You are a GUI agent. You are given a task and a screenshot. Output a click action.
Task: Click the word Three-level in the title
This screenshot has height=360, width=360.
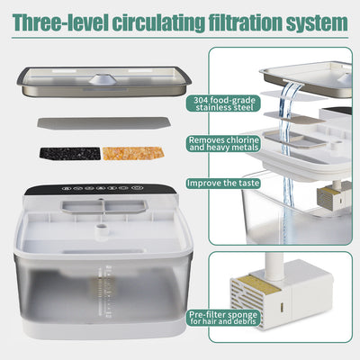[58, 20]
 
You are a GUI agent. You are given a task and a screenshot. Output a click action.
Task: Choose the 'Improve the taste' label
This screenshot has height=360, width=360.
[225, 183]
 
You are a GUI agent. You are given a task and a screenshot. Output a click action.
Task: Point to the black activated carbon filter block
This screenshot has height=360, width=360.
[69, 154]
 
